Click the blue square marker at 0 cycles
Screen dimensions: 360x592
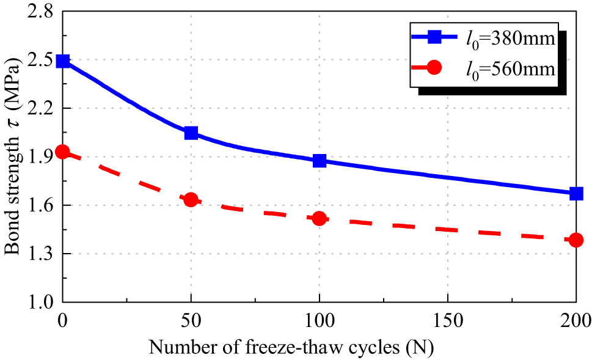(62, 61)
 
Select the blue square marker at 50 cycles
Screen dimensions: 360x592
(191, 133)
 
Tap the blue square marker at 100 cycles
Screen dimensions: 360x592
(319, 161)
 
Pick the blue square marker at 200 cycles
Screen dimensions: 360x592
(576, 193)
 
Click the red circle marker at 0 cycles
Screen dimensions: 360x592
(62, 152)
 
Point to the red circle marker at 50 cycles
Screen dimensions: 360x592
(191, 199)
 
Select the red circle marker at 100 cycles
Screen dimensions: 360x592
(319, 218)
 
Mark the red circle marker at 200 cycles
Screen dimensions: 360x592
(576, 240)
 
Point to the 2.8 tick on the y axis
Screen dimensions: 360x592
(40, 12)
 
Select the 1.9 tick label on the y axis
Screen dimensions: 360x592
(40, 157)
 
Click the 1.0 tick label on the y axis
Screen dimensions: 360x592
(40, 303)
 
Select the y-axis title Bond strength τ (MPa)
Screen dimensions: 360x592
(13, 157)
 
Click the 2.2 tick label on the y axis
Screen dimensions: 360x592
(40, 109)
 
